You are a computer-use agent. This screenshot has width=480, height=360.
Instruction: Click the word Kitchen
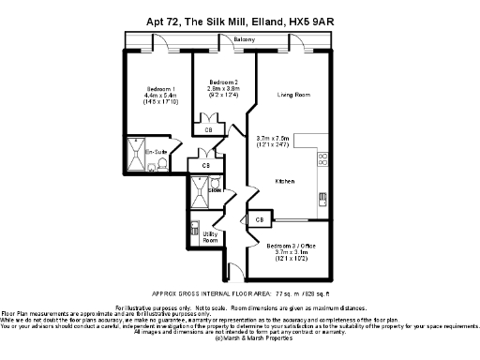(285, 181)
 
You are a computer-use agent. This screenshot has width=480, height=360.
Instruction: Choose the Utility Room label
(210, 236)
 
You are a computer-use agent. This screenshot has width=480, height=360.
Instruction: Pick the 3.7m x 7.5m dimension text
(273, 139)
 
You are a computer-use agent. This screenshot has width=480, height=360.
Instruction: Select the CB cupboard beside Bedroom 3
(260, 219)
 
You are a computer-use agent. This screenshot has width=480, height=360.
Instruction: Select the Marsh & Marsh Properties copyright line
(240, 337)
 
